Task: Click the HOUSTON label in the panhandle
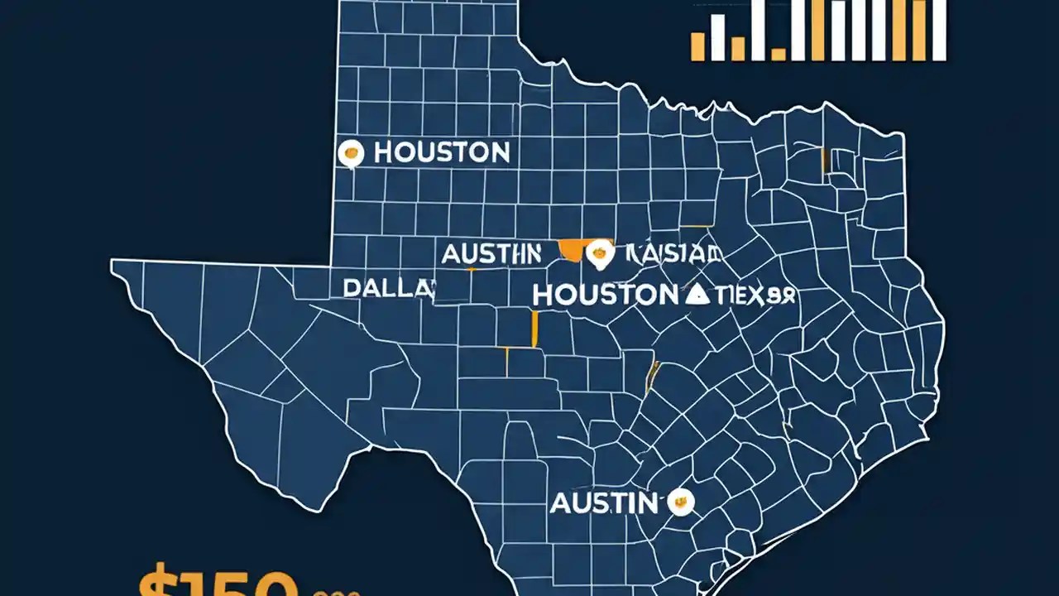tap(441, 152)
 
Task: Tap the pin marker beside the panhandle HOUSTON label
tap(352, 152)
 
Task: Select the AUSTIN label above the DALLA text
tap(491, 253)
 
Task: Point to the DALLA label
tap(388, 288)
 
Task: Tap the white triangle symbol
tap(697, 294)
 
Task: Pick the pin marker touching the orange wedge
tap(599, 255)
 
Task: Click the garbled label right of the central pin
tap(672, 253)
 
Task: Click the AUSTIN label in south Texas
tap(604, 502)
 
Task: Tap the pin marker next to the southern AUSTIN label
tap(680, 501)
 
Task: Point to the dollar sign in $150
tap(157, 583)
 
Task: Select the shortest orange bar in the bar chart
tap(779, 55)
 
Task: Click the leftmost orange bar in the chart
tap(697, 46)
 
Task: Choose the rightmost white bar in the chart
tap(939, 30)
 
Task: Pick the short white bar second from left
tap(717, 38)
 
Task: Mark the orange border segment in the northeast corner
tap(825, 161)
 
